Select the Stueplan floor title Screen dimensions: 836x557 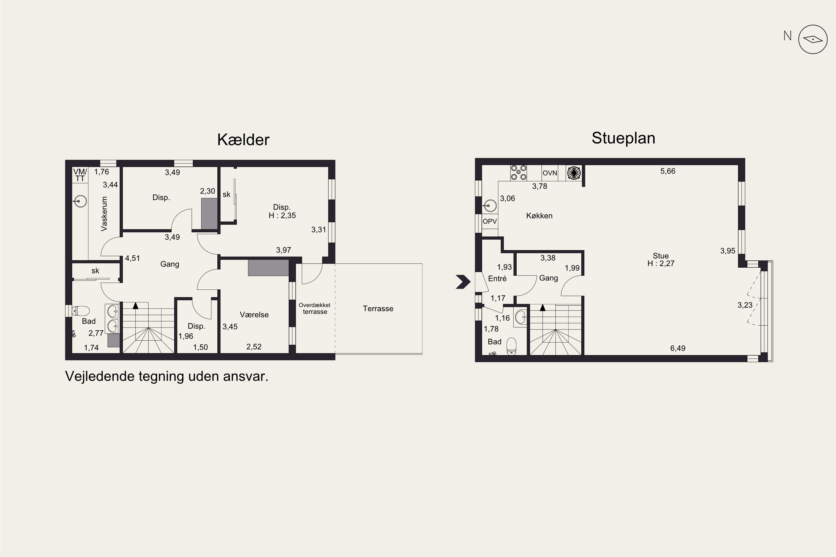click(623, 138)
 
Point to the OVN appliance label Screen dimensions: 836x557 click(550, 173)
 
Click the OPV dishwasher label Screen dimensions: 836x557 click(490, 221)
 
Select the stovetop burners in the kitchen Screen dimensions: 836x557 click(518, 172)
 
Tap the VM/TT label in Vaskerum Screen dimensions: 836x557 click(80, 175)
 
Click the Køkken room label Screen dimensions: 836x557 click(539, 216)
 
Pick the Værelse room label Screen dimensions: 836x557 click(254, 315)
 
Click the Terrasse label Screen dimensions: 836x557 click(378, 308)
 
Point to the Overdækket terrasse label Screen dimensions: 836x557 click(315, 308)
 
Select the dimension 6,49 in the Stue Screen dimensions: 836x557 click(677, 348)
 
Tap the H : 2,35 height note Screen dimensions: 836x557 click(282, 215)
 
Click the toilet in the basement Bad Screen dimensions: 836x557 click(81, 311)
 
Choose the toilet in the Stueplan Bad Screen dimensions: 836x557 click(511, 346)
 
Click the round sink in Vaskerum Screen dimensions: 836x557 click(81, 201)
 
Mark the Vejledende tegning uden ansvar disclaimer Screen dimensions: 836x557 click(167, 376)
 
